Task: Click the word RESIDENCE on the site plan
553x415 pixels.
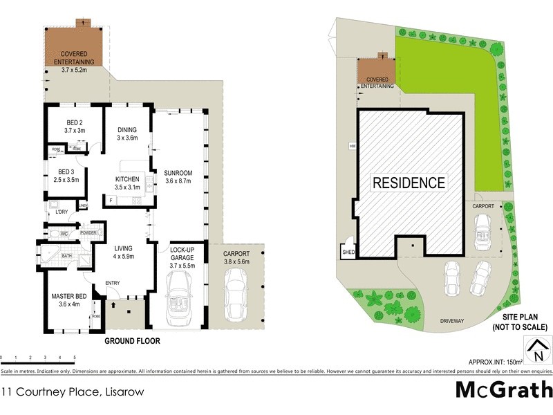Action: click(409, 183)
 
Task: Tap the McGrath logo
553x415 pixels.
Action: click(503, 389)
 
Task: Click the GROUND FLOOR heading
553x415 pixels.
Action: click(132, 341)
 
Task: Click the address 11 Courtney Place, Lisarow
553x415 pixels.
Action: click(67, 391)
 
